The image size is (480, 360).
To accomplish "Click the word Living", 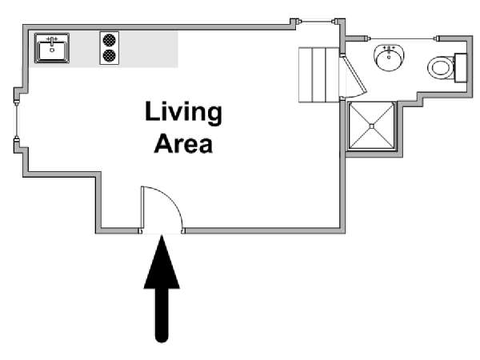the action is coord(183,113).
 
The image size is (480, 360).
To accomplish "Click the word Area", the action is coord(183,143).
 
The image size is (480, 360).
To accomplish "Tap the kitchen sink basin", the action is coord(52,51).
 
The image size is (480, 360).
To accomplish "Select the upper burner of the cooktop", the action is coord(110,40).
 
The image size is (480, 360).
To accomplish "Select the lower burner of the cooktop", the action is coord(110,55).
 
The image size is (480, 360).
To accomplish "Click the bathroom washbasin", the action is coord(389,58).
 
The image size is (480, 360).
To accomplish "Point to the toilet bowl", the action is coord(441,68).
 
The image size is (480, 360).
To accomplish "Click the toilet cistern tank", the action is coord(461,68).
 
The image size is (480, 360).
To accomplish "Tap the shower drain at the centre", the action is coord(372,126).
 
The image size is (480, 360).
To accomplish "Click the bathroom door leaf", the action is coord(354,74).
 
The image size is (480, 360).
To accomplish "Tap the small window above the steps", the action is coord(317,22).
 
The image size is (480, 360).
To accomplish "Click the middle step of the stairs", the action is coord(318,74).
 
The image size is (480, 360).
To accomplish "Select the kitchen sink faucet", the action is coord(52,40).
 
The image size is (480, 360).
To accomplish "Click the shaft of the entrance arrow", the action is coord(162,315).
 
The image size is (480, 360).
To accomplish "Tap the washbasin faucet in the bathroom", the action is coord(389,50).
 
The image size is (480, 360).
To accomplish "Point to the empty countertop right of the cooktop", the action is coord(149,49).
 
